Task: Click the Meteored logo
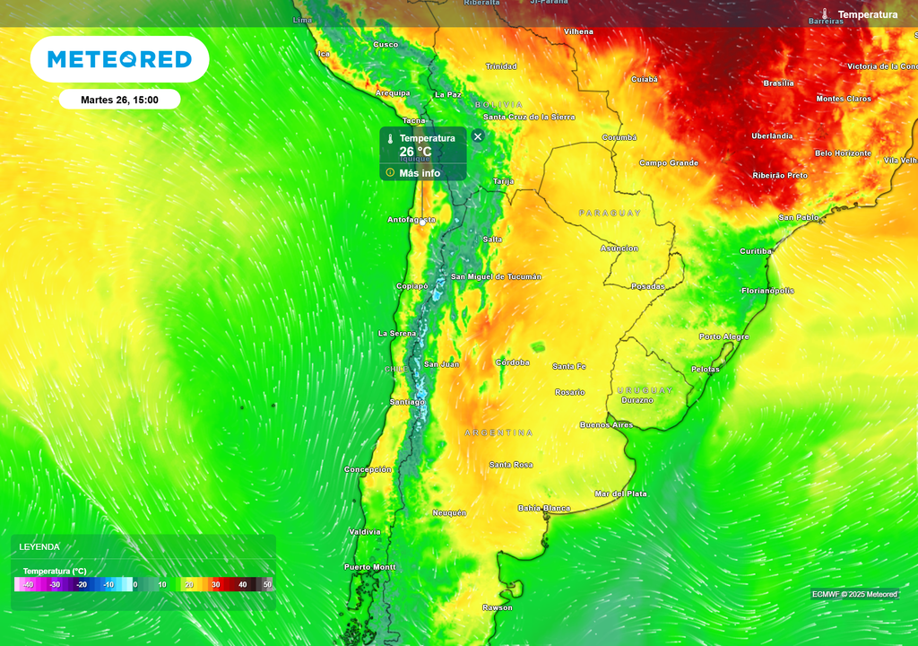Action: pos(119,59)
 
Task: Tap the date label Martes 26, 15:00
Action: pos(119,100)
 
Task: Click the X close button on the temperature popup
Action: pos(478,136)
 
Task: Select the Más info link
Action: pos(420,173)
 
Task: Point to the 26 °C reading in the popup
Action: pos(415,152)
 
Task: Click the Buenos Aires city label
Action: pos(606,424)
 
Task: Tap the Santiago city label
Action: pos(407,402)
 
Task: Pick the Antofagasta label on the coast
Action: pos(411,220)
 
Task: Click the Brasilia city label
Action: pos(778,83)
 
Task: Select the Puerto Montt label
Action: pos(369,567)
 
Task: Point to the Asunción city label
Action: pos(619,249)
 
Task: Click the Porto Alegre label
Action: pos(723,336)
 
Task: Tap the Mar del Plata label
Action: pos(620,493)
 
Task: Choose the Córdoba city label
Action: pos(513,362)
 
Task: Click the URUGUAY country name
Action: pos(645,390)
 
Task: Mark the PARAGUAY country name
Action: pos(611,213)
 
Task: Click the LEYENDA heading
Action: pos(39,546)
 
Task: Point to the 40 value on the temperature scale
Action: pos(242,585)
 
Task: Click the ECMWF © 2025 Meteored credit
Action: pos(854,594)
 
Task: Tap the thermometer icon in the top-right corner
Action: pos(824,14)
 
